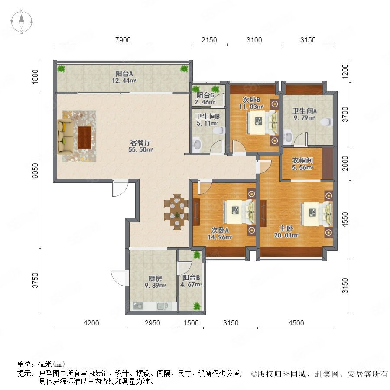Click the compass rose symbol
(x=22, y=22)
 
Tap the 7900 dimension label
(x=123, y=40)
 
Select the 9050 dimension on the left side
(x=36, y=170)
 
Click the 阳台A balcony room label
(x=124, y=73)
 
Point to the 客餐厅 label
(x=140, y=143)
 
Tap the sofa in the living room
(x=65, y=136)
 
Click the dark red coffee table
(x=84, y=137)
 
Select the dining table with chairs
(x=176, y=211)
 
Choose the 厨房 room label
(x=155, y=278)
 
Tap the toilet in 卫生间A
(x=326, y=122)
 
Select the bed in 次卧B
(x=262, y=123)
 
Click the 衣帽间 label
(x=302, y=160)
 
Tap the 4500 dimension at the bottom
(x=296, y=323)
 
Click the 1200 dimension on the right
(x=345, y=71)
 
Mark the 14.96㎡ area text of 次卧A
(x=220, y=237)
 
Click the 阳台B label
(x=191, y=278)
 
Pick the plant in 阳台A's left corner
(x=61, y=68)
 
